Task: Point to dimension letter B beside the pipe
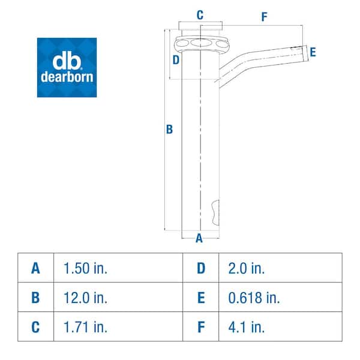[x=169, y=129]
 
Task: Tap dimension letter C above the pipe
[x=200, y=14]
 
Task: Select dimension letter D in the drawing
[x=176, y=59]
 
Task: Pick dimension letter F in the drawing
[x=264, y=17]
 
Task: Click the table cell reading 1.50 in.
[x=85, y=268]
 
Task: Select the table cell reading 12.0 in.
[x=85, y=298]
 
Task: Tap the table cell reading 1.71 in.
[x=85, y=327]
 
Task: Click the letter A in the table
[x=36, y=268]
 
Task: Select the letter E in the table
[x=200, y=298]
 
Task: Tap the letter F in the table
[x=200, y=327]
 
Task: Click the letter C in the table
[x=36, y=327]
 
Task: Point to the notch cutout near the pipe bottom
[x=216, y=211]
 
